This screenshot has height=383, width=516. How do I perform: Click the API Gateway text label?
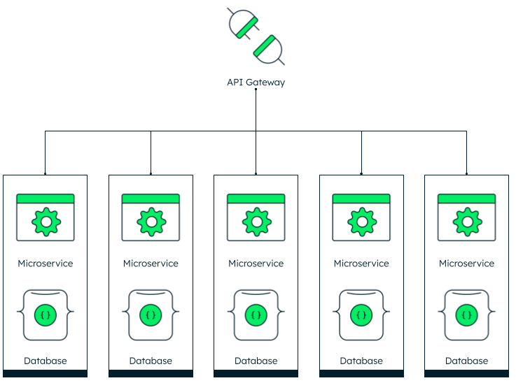256,82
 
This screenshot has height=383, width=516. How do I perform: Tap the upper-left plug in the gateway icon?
242,24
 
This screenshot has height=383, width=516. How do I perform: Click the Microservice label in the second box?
151,263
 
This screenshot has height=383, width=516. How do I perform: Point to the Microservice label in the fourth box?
361,263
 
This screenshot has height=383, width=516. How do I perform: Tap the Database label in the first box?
46,361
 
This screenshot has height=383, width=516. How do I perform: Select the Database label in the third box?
256,361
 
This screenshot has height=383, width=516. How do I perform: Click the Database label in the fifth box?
466,361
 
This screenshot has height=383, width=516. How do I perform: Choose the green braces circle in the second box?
151,315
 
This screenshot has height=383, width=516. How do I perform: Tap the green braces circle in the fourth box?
361,315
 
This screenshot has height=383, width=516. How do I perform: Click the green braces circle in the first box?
46,315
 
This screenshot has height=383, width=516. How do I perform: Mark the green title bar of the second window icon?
151,198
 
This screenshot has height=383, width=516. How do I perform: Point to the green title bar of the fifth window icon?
466,198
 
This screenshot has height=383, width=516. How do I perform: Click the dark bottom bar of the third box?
256,374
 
